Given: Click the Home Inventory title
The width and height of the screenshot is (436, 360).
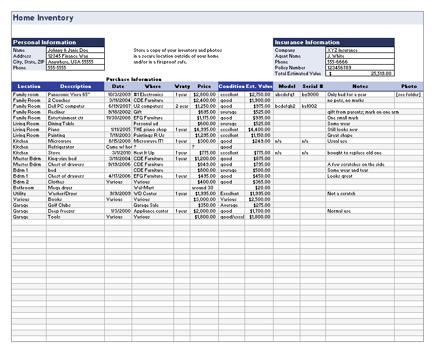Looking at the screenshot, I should point(43,18).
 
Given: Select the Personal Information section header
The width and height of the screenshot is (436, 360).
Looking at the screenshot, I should point(44,43).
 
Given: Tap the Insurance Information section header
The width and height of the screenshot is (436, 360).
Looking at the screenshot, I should point(307,43).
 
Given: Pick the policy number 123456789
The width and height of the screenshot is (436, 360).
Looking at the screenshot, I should point(339,68).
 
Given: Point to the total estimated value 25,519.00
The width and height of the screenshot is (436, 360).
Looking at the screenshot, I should point(381,73).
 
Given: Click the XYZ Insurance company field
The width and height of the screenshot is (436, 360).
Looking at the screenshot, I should point(342,50).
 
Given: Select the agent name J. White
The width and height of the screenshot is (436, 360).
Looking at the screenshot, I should point(336,56).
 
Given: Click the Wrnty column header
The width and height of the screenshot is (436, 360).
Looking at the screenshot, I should point(182,86).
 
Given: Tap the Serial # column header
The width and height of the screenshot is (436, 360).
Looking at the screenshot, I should point(312,86).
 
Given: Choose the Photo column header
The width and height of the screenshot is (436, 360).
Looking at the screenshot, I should point(409,86).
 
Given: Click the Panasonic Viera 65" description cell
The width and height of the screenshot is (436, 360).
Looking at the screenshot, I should point(69,94).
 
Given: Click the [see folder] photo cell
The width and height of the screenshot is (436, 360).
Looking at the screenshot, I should point(408,94).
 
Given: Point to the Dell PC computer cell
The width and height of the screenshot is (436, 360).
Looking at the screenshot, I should point(66,106).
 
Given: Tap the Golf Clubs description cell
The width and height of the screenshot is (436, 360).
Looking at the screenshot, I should point(59,205).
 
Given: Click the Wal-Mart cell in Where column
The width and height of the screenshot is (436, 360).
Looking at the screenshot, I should point(143,188).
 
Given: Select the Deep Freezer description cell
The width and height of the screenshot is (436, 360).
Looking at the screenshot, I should point(62,211).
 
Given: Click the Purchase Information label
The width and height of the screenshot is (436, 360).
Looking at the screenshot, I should point(134,79).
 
